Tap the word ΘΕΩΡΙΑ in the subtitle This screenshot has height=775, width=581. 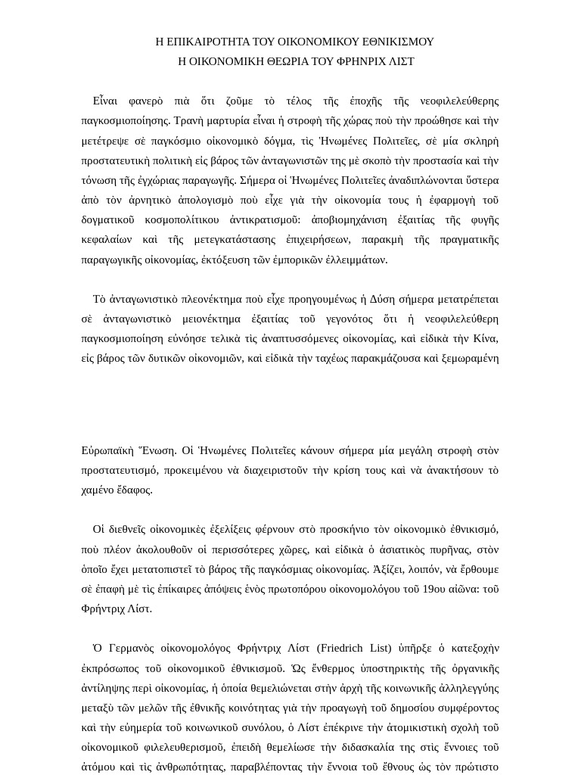pyautogui.click(x=281, y=61)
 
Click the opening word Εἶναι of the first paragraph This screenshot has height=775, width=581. pyautogui.click(x=105, y=101)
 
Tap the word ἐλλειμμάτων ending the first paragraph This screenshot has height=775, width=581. pyautogui.click(x=356, y=260)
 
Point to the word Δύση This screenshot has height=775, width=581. pyautogui.click(x=384, y=299)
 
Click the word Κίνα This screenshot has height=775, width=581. pyautogui.click(x=485, y=338)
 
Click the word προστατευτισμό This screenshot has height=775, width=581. pyautogui.click(x=120, y=470)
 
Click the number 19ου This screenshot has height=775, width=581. pyautogui.click(x=433, y=589)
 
